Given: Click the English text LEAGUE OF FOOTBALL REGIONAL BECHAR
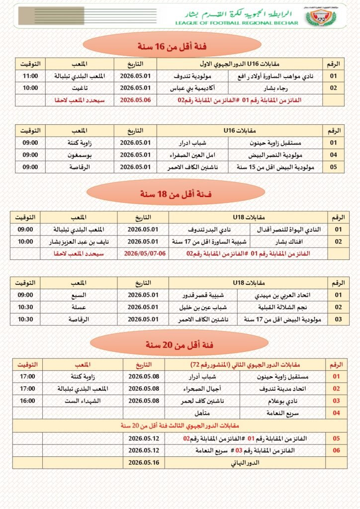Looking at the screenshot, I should click(238, 23).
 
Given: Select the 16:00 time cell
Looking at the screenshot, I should click(28, 401).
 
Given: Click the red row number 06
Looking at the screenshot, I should click(336, 450).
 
